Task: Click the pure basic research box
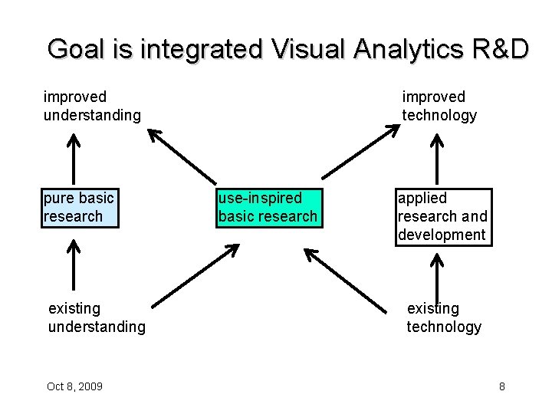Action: click(80, 207)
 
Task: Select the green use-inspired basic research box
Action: click(268, 207)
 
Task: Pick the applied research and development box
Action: click(442, 216)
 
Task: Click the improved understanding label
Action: click(92, 106)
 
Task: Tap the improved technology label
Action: click(439, 106)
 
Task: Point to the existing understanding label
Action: click(96, 317)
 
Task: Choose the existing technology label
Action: click(444, 317)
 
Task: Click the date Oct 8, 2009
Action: click(74, 386)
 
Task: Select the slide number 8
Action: click(501, 386)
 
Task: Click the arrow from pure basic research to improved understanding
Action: click(74, 159)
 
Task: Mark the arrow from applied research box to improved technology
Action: click(437, 159)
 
